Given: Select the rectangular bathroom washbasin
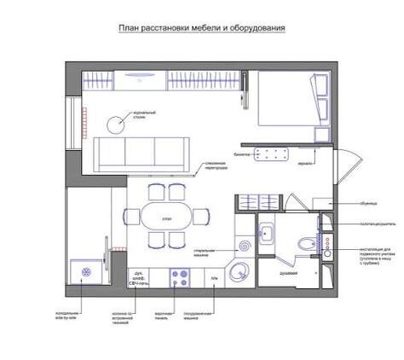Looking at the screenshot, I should point(267,232).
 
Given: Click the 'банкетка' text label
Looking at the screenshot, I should point(242,154).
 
